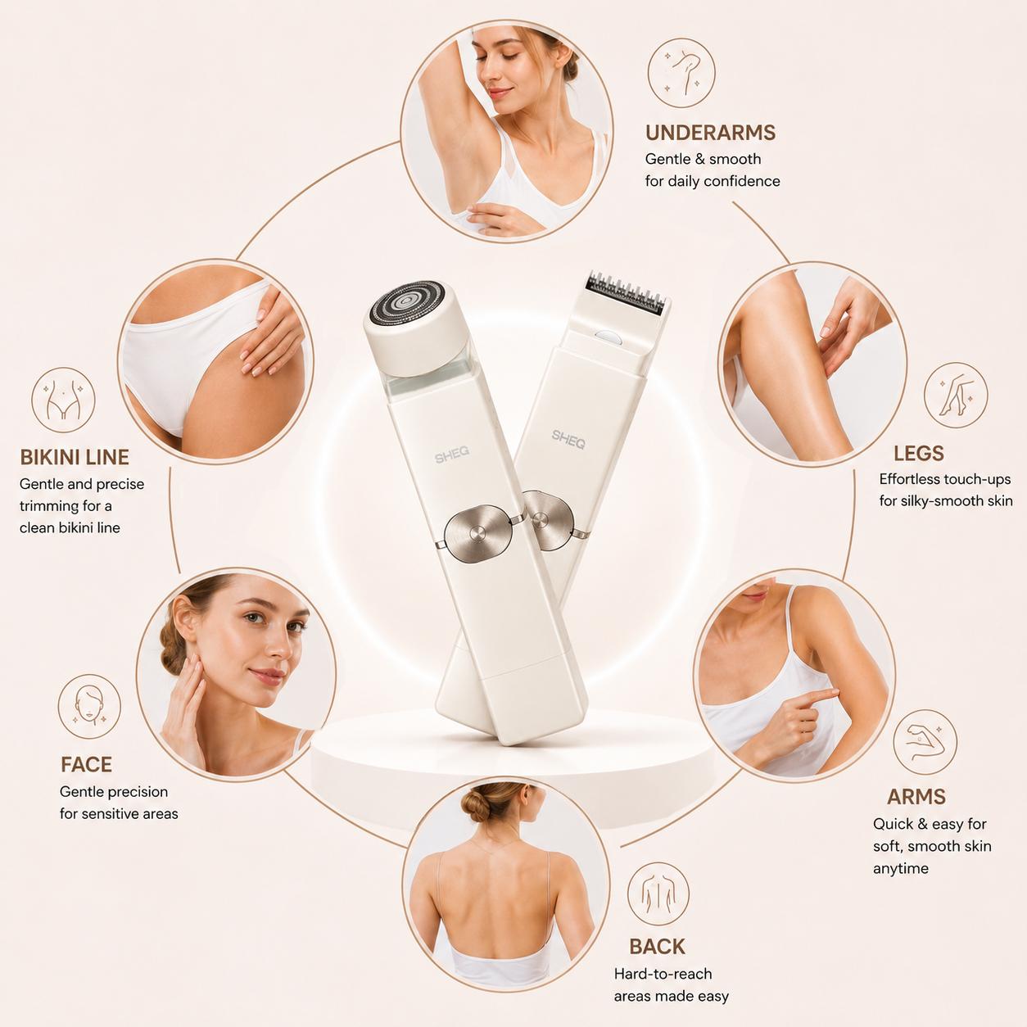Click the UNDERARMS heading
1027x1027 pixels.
tap(710, 133)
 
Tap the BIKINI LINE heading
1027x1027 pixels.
tap(75, 457)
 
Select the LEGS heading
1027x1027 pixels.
tap(919, 454)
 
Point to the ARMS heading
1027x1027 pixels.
tap(916, 797)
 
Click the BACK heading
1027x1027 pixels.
tap(657, 947)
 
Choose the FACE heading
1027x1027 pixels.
tap(86, 764)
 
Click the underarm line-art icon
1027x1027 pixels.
tap(681, 73)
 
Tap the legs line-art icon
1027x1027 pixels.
tap(956, 396)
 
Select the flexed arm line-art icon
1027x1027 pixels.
tap(925, 742)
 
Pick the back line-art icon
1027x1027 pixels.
tap(658, 894)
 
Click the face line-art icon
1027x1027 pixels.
tap(89, 706)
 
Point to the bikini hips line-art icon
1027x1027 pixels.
tap(63, 400)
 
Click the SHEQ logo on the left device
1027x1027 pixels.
tap(452, 455)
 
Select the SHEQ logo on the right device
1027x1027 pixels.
tap(568, 440)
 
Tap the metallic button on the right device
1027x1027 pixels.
tap(548, 520)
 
